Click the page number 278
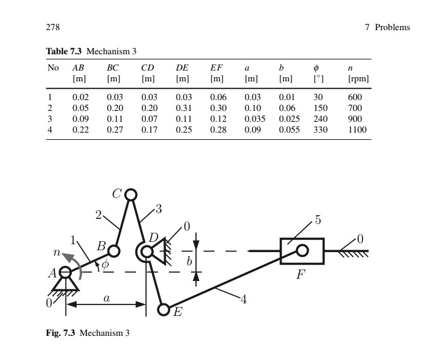(x=51, y=28)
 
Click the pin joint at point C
(x=131, y=194)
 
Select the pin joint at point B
(x=115, y=250)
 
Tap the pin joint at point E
(x=163, y=309)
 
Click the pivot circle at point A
(x=65, y=273)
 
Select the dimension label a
(x=106, y=297)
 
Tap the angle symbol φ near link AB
(x=105, y=264)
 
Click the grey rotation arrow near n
(x=69, y=259)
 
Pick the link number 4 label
(x=244, y=300)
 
